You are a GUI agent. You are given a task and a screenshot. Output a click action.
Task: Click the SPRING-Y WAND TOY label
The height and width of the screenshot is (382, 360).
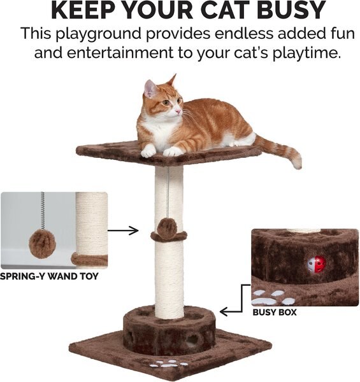(50, 277)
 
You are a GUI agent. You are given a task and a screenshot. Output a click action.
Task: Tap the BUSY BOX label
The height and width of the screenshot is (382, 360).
(275, 313)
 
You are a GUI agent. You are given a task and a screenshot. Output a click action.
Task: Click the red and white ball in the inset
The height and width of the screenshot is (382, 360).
(317, 264)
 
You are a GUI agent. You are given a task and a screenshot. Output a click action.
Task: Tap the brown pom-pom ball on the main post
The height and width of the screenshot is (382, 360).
(169, 229)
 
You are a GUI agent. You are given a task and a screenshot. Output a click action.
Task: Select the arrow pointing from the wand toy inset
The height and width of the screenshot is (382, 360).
(124, 230)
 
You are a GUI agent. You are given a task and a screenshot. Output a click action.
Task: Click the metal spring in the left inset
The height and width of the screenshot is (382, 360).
(43, 209)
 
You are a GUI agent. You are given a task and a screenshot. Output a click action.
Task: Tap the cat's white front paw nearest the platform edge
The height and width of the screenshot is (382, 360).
(148, 152)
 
